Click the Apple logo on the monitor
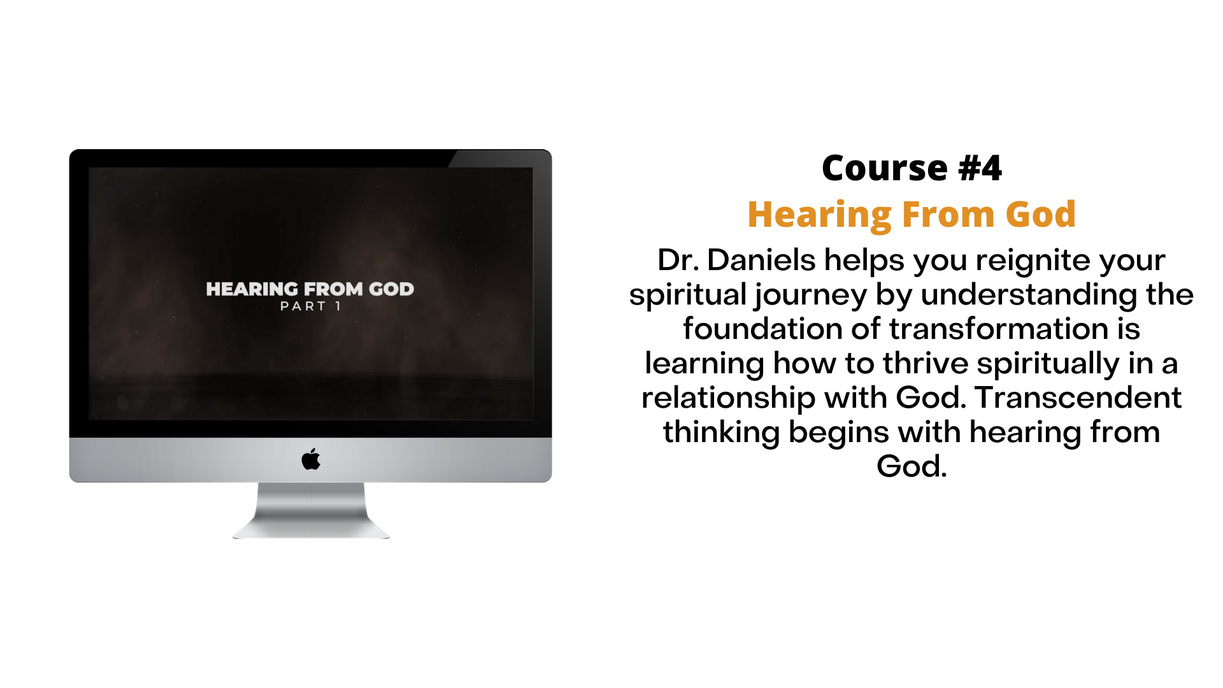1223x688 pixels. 311,459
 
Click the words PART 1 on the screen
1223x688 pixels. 311,306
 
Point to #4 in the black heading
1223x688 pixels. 980,168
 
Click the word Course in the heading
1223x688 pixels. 885,168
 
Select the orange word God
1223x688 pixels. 1041,215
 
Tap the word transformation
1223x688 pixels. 999,329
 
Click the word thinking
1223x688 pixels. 722,432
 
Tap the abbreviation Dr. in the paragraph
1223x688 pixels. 678,260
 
